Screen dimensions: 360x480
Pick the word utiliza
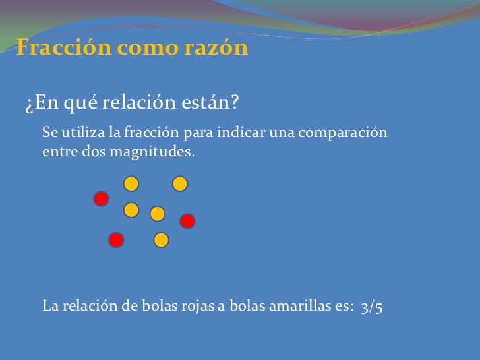click(82, 133)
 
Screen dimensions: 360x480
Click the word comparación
click(342, 133)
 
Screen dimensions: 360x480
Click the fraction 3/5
click(372, 307)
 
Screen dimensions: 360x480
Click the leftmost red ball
click(101, 198)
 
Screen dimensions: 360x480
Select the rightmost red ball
click(187, 221)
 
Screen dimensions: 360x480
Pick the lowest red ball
click(116, 240)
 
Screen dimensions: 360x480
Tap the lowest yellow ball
click(161, 240)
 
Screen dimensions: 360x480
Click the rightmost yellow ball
click(180, 184)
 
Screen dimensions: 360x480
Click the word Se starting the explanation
click(50, 133)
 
